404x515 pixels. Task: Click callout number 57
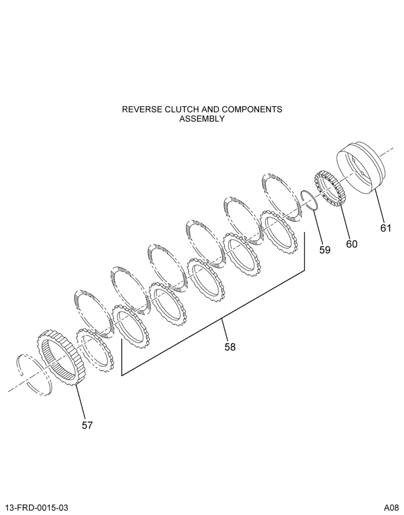point(88,425)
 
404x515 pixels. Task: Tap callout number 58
point(230,347)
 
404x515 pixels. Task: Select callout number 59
point(325,250)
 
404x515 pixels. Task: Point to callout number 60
point(351,244)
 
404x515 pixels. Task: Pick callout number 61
point(385,228)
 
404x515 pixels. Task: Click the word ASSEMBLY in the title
point(202,118)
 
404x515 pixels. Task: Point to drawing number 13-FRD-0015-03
point(37,508)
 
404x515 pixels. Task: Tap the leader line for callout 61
point(379,206)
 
